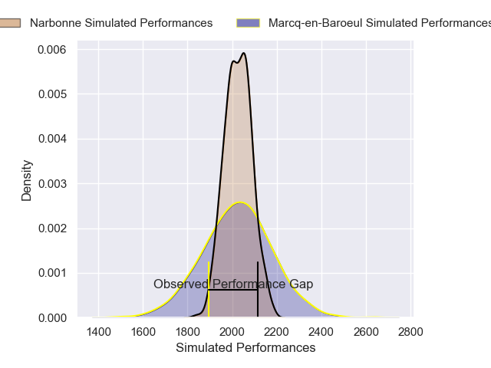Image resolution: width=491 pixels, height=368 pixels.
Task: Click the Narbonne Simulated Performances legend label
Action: [x=121, y=23]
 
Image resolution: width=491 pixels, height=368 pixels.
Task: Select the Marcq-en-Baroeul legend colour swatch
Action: [x=248, y=23]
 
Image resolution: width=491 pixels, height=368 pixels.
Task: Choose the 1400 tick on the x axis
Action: [x=98, y=331]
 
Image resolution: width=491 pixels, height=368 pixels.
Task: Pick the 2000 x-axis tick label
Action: [x=232, y=331]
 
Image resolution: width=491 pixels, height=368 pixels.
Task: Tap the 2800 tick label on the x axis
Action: [x=411, y=331]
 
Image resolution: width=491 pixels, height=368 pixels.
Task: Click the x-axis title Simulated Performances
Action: [x=245, y=347]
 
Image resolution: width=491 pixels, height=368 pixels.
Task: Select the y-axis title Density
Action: [x=27, y=180]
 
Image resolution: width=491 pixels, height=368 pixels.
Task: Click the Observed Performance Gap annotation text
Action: [x=233, y=284]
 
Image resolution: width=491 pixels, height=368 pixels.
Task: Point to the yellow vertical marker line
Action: [x=209, y=299]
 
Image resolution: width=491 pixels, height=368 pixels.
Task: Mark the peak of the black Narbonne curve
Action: [x=243, y=54]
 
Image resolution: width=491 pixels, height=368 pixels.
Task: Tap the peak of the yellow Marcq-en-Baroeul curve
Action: [x=240, y=202]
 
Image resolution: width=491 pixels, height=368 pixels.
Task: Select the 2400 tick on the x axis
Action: [x=322, y=331]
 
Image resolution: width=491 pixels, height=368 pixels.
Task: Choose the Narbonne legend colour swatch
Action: [x=10, y=23]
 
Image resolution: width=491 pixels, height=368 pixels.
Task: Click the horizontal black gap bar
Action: [x=233, y=290]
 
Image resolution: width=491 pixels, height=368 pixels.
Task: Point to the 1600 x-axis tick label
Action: [x=143, y=331]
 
